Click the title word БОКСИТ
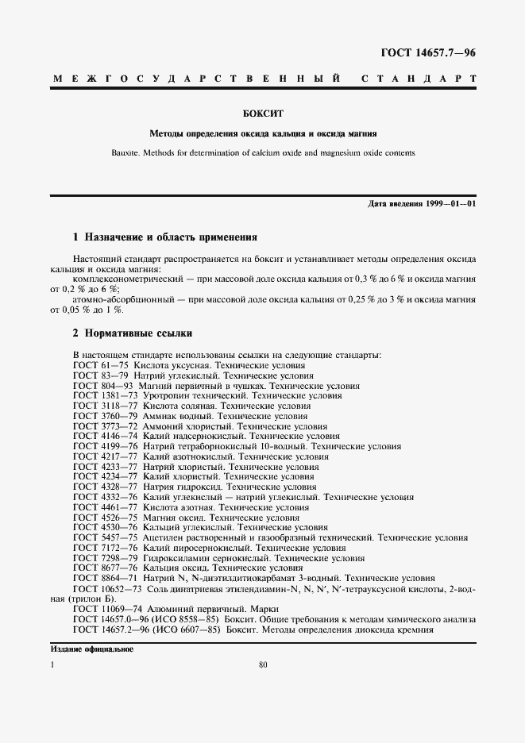(x=262, y=114)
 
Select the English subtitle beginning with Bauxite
(x=262, y=153)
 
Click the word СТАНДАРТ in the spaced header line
(x=419, y=80)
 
